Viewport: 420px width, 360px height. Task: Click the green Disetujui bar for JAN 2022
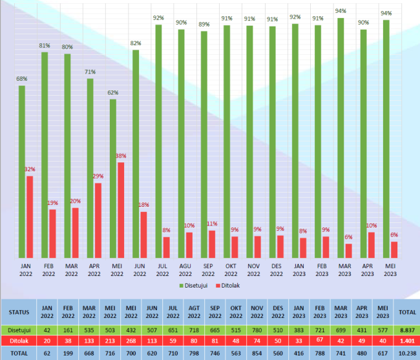22,171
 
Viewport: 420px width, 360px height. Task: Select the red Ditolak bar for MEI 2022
121,209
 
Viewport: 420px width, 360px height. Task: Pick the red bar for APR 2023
371,244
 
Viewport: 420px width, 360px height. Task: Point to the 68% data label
22,79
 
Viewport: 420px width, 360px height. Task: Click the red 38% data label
121,156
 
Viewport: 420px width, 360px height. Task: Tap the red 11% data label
212,224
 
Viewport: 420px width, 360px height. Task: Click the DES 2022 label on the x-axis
276,270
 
